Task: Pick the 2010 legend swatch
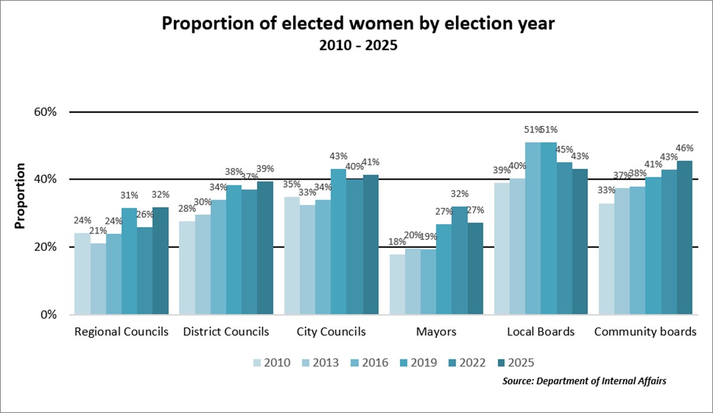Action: (258, 362)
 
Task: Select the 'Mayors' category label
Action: (436, 332)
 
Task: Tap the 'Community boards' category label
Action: (645, 332)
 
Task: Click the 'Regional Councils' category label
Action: (121, 332)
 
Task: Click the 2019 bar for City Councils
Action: (339, 242)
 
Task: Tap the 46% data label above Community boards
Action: (685, 148)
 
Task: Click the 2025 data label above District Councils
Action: (265, 169)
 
